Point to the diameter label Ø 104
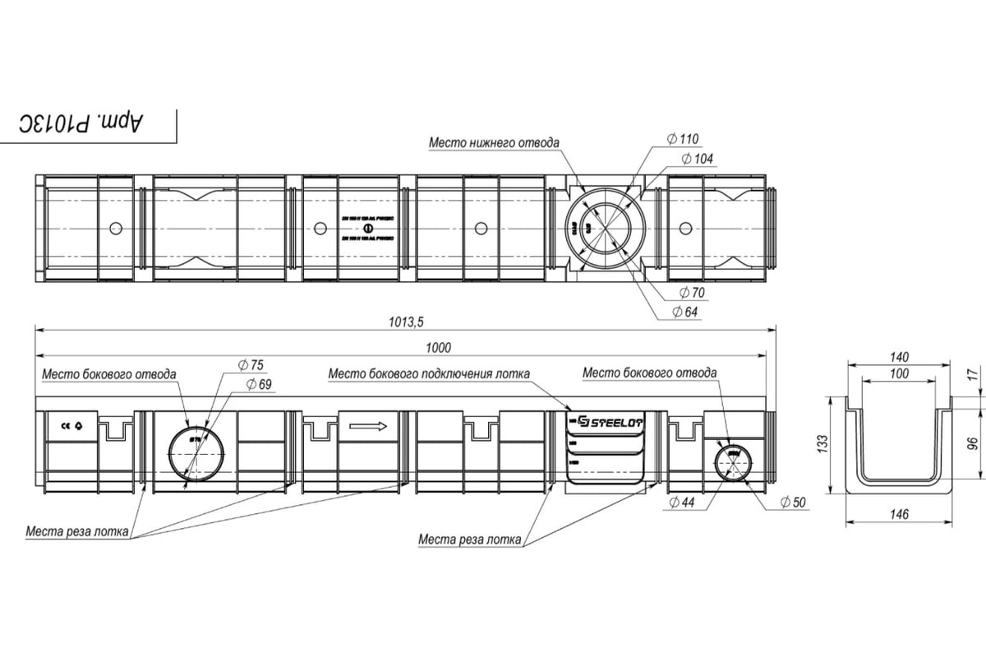click(698, 159)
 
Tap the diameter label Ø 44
click(682, 502)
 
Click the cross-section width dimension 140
click(900, 357)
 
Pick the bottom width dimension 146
click(900, 515)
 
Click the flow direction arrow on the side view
click(367, 426)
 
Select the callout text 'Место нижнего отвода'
click(494, 143)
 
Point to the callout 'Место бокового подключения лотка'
click(428, 374)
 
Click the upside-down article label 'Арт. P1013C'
click(82, 123)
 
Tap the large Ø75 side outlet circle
click(196, 454)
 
